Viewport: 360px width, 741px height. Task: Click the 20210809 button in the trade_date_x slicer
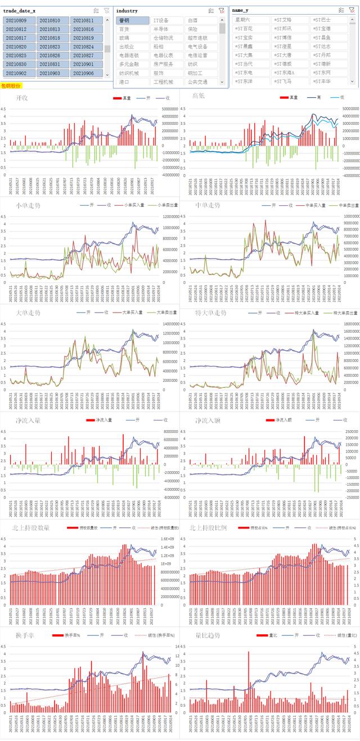point(19,20)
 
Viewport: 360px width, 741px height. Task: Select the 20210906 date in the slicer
point(87,73)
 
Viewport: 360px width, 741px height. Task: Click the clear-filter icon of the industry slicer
point(221,11)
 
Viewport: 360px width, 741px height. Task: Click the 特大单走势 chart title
point(210,313)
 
